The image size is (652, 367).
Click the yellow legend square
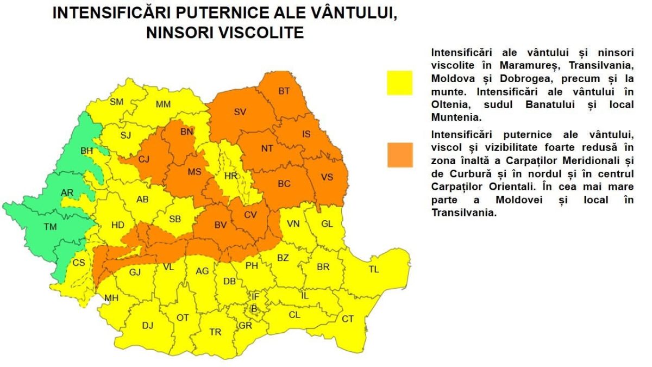tap(399, 83)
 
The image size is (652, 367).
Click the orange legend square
tap(399, 154)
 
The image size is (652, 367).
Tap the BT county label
tap(284, 91)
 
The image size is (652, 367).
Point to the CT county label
tap(348, 319)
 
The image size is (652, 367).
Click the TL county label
tap(374, 270)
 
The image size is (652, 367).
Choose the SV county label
tap(240, 112)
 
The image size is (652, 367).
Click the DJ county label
tap(148, 325)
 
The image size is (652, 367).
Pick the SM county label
tap(116, 102)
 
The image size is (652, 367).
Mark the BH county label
tap(86, 151)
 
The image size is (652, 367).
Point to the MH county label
tap(111, 297)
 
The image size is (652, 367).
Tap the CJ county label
tap(143, 159)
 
